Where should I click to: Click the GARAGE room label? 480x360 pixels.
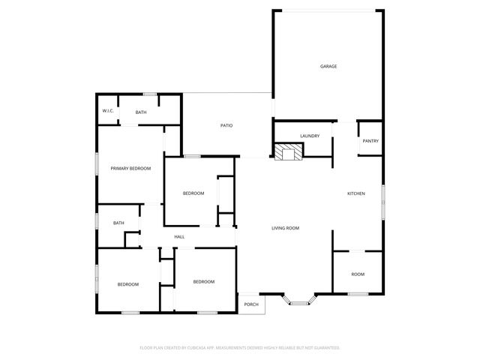(328, 67)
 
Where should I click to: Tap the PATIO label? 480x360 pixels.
(226, 125)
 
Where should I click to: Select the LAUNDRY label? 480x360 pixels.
(310, 136)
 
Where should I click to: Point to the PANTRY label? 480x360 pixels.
(370, 141)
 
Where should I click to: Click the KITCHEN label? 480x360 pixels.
(355, 194)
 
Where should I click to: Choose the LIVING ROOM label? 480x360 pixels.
(285, 228)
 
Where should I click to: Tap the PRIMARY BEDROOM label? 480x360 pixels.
(130, 169)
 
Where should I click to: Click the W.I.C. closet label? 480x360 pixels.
(108, 112)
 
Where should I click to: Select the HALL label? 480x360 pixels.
(179, 237)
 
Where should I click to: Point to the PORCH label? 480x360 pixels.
(251, 304)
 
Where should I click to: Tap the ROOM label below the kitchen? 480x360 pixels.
(358, 274)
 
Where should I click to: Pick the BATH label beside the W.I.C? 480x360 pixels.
(141, 112)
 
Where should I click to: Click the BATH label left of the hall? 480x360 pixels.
(118, 223)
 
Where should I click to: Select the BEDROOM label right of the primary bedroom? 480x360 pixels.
(193, 194)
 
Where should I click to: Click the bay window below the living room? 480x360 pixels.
(299, 302)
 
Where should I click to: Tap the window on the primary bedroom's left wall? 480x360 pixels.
(96, 163)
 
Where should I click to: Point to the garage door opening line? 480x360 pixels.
(328, 10)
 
